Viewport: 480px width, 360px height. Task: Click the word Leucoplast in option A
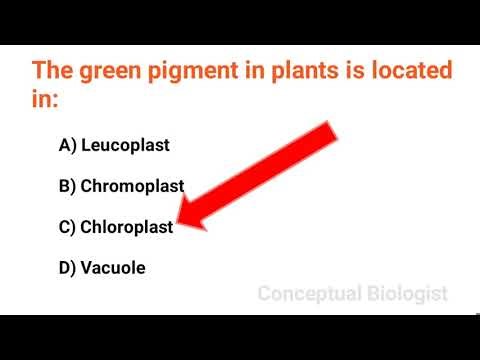pyautogui.click(x=125, y=145)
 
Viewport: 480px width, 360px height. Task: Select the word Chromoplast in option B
pyautogui.click(x=132, y=186)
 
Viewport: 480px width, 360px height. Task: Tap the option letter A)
pyautogui.click(x=68, y=145)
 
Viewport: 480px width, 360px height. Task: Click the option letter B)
pyautogui.click(x=68, y=186)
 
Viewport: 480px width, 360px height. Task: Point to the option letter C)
pyautogui.click(x=68, y=227)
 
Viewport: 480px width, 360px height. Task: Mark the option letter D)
pyautogui.click(x=68, y=267)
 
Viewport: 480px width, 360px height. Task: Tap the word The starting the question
pyautogui.click(x=52, y=72)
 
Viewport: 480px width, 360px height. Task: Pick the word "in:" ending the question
pyautogui.click(x=44, y=101)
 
